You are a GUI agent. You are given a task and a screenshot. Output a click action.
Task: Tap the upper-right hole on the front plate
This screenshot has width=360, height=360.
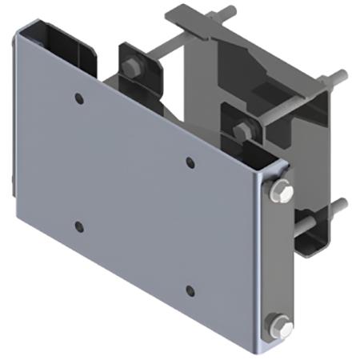point(190,162)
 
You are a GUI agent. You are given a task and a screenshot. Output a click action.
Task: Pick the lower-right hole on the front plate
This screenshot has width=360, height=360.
point(190,290)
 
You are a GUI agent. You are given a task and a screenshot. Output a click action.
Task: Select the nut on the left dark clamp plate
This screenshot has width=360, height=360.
point(130,67)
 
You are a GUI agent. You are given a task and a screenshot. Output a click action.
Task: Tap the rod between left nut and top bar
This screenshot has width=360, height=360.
point(160,56)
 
